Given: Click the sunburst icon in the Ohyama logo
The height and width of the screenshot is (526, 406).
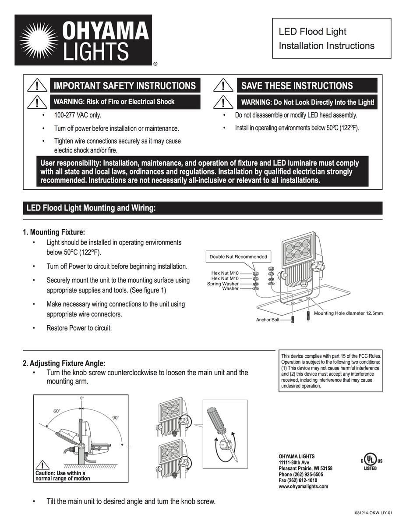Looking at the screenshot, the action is (x=39, y=40).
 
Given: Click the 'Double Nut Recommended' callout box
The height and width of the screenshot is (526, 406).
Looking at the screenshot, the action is (x=238, y=256).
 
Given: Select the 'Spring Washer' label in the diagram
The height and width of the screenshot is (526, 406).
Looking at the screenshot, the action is (x=222, y=284).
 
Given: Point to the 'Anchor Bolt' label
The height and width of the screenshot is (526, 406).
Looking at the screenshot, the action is (x=268, y=320).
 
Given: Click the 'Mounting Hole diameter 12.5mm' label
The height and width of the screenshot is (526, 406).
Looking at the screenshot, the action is (x=348, y=313).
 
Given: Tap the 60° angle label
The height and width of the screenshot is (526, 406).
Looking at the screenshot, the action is (x=57, y=411).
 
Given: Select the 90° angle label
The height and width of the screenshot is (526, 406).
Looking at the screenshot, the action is (x=116, y=418).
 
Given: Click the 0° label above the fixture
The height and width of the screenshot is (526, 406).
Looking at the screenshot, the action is (x=82, y=398).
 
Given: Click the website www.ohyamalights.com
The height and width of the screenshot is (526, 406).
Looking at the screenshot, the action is (x=303, y=487).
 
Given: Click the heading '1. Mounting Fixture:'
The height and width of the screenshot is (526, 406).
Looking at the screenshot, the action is (x=54, y=232).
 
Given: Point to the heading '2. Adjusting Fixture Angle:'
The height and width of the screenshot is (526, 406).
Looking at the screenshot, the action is (x=64, y=363).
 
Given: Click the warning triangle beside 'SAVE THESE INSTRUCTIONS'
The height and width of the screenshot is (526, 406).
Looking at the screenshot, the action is (x=223, y=85).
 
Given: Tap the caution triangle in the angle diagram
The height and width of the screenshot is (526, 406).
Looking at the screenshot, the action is (x=42, y=465).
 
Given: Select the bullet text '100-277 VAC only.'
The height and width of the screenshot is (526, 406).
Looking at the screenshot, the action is (x=78, y=115).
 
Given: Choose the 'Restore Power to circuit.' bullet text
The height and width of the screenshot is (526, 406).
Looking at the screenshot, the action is (x=79, y=328).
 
